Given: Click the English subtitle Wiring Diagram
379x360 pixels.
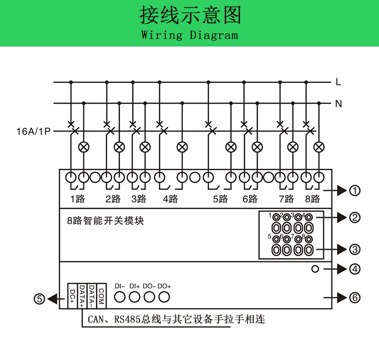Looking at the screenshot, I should pyautogui.click(x=189, y=35).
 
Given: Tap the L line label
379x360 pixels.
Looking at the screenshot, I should pyautogui.click(x=338, y=82).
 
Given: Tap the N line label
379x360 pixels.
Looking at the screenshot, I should pyautogui.click(x=338, y=104).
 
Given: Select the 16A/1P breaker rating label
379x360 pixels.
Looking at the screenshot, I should pyautogui.click(x=34, y=131).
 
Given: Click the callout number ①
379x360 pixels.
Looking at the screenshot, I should pyautogui.click(x=355, y=191).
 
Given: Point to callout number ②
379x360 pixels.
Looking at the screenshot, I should pyautogui.click(x=355, y=217).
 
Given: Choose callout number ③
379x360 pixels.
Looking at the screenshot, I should pyautogui.click(x=355, y=249).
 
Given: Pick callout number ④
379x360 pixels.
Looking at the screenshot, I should pyautogui.click(x=355, y=269).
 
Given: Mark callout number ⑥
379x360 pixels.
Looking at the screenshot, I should pyautogui.click(x=355, y=298).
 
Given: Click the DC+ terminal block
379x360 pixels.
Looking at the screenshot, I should pyautogui.click(x=72, y=295).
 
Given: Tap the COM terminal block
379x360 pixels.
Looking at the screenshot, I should pyautogui.click(x=101, y=295).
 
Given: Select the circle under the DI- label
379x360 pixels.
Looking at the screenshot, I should pyautogui.click(x=120, y=297).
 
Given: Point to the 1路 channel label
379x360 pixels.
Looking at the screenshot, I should pyautogui.click(x=77, y=199).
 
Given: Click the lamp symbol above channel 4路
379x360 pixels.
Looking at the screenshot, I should pyautogui.click(x=182, y=147).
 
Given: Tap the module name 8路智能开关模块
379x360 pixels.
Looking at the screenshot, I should pyautogui.click(x=106, y=220).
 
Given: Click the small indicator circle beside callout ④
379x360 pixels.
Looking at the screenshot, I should pyautogui.click(x=315, y=269).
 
